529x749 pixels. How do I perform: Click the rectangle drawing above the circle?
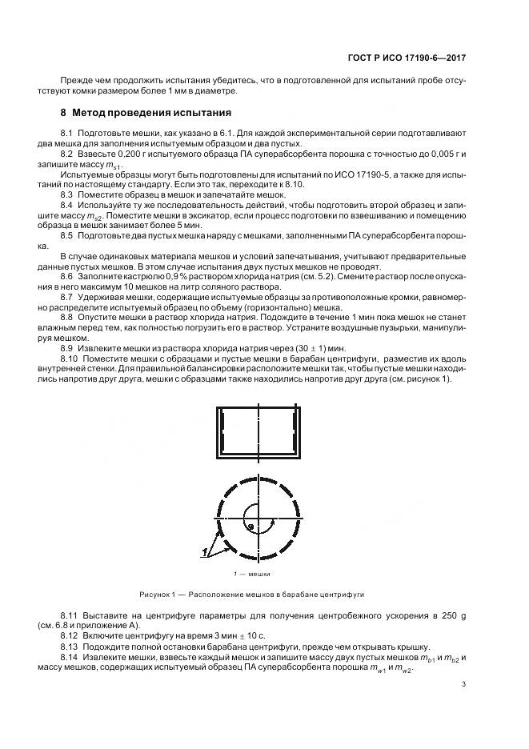[258, 430]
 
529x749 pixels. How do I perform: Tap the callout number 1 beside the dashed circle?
[205, 551]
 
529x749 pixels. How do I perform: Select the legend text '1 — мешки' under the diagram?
[251, 574]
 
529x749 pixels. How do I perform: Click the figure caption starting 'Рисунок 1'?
[252, 595]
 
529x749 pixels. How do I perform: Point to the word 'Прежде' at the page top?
[74, 82]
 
